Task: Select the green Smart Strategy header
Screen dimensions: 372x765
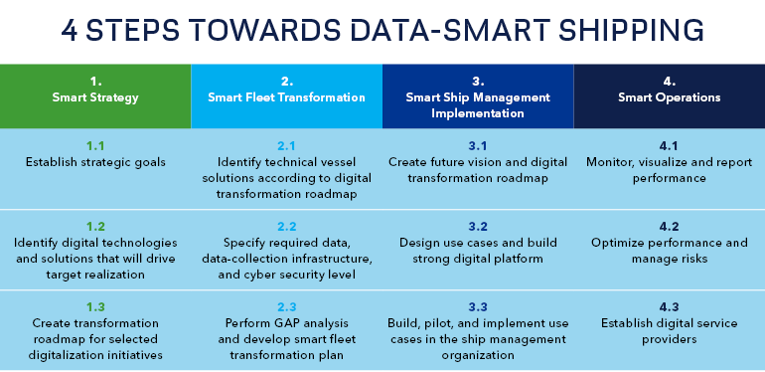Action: pyautogui.click(x=95, y=97)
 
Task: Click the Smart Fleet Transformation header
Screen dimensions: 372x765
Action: pyautogui.click(x=286, y=97)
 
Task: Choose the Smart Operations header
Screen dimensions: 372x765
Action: pyautogui.click(x=669, y=97)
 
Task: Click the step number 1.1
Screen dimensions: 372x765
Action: pyautogui.click(x=95, y=145)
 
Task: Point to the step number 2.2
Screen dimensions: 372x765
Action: pyautogui.click(x=286, y=226)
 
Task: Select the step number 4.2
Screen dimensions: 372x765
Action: pyautogui.click(x=669, y=226)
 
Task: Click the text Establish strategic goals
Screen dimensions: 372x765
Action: pyautogui.click(x=95, y=162)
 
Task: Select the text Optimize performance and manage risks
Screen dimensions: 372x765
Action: pyautogui.click(x=669, y=251)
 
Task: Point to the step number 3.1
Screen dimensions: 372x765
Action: pyautogui.click(x=478, y=145)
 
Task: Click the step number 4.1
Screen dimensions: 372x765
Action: pyautogui.click(x=669, y=145)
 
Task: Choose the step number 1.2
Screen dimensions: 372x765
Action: pyautogui.click(x=95, y=226)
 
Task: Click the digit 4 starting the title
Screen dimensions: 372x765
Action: pyautogui.click(x=71, y=29)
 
